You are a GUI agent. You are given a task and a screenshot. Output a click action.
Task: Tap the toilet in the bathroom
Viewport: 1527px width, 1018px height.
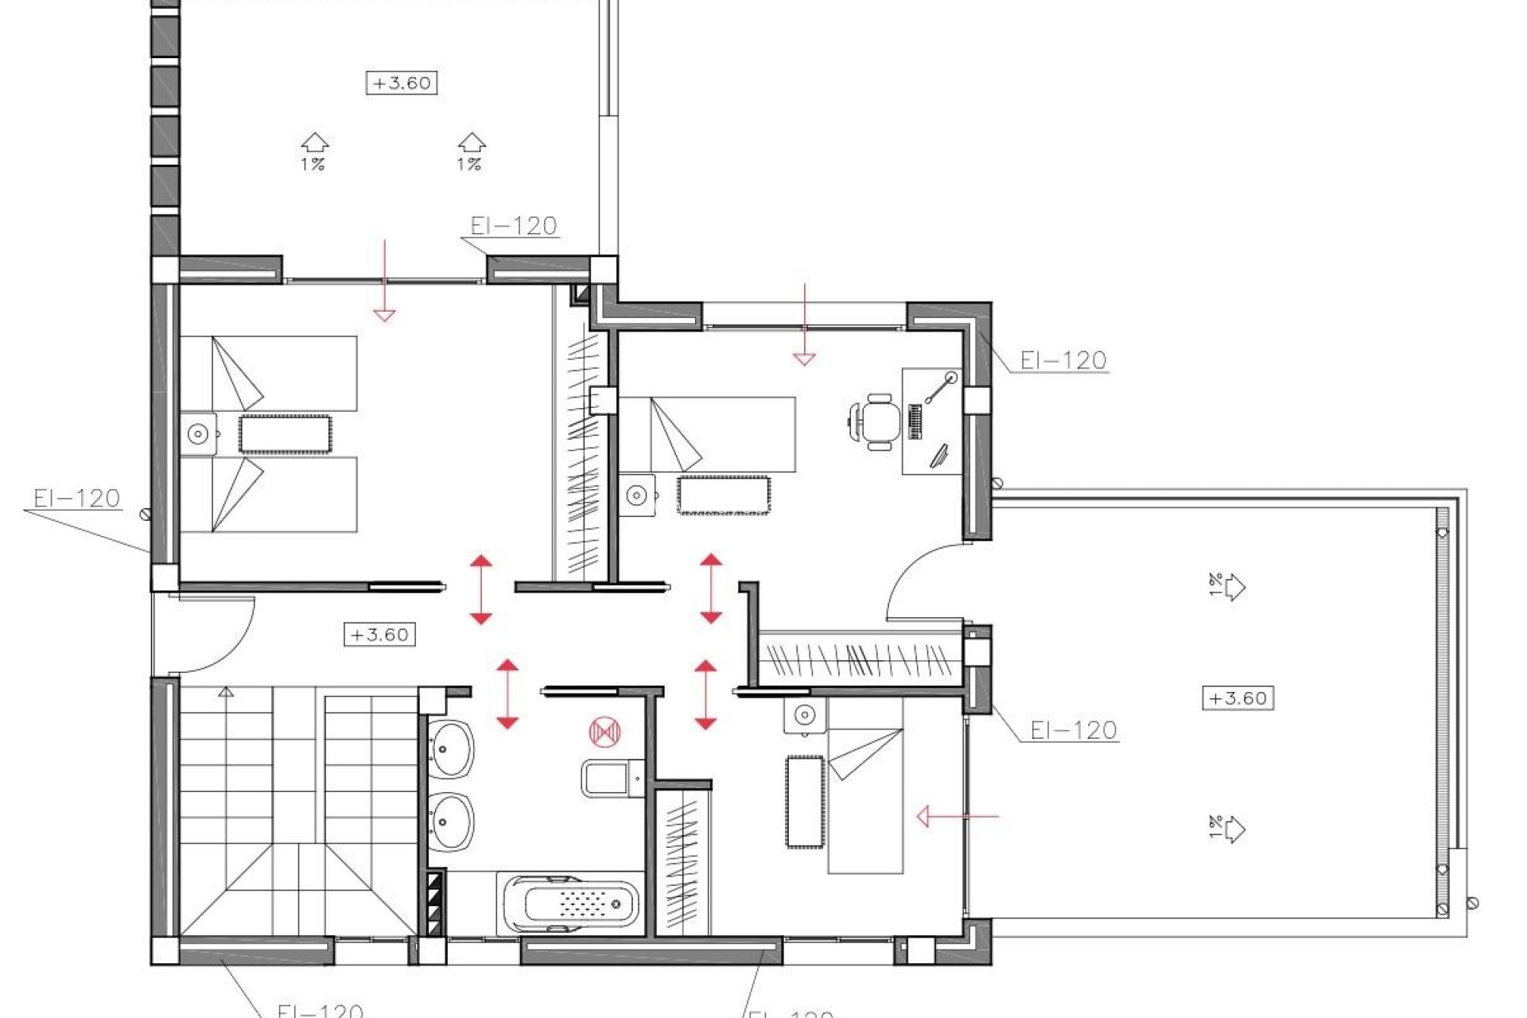coord(612,777)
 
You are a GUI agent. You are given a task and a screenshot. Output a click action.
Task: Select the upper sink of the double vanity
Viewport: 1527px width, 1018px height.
coord(451,748)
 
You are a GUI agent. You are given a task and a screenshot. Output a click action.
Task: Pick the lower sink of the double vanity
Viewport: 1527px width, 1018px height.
coord(451,822)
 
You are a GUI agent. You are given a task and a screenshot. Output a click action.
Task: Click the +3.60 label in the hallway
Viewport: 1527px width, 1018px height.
coord(380,635)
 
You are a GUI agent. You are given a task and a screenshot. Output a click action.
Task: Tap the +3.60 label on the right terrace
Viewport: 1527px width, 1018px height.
coord(1238,698)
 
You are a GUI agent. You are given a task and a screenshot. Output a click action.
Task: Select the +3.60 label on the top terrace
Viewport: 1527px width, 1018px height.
coord(402,83)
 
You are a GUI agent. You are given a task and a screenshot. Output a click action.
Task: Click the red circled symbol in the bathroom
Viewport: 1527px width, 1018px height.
coord(604,732)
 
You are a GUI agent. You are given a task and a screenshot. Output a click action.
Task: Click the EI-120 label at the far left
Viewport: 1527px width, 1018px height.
coord(76,499)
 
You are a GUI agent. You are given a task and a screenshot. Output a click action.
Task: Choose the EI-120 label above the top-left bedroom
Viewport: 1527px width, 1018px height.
coord(513,226)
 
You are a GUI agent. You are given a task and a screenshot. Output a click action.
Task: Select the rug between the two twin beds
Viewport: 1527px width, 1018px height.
coord(285,434)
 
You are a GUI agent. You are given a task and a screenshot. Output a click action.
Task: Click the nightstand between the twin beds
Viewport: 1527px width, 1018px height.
coord(198,434)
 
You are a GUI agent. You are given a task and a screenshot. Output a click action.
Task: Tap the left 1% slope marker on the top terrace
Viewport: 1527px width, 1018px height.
coord(314,152)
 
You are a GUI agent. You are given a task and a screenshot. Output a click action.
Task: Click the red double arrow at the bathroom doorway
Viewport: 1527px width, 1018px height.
coord(507,694)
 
